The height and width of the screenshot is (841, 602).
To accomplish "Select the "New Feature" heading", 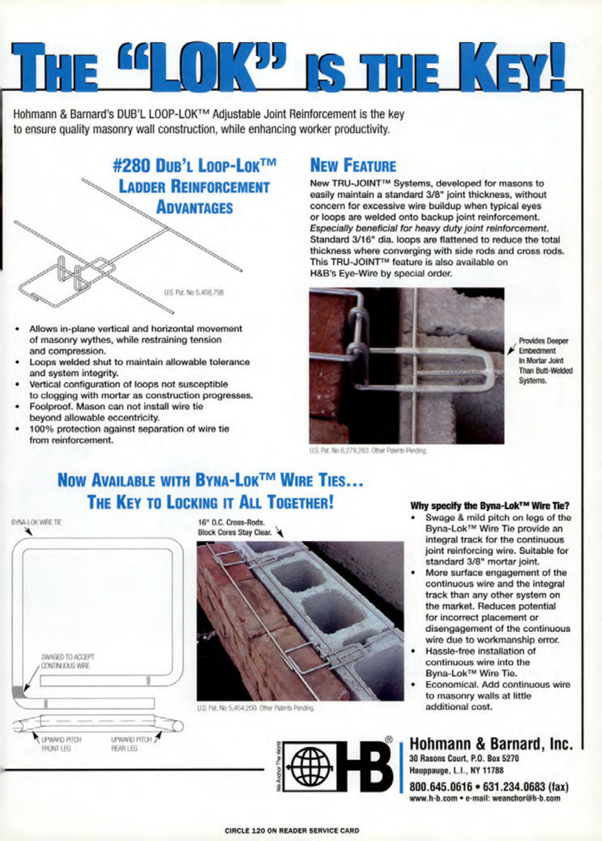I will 352,166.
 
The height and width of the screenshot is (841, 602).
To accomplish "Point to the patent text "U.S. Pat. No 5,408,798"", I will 193,293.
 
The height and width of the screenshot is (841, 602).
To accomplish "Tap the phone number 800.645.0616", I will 441,786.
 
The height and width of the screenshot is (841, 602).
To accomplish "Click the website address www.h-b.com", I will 433,798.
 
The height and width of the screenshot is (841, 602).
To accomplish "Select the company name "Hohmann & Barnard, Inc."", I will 491,744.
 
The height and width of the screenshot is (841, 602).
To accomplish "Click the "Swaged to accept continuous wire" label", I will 67,661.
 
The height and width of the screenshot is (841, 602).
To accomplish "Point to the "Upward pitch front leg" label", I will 61,744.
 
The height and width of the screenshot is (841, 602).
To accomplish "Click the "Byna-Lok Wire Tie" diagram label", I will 37,522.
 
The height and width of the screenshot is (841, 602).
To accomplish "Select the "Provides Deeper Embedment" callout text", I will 543,346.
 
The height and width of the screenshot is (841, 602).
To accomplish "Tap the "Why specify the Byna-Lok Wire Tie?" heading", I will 490,505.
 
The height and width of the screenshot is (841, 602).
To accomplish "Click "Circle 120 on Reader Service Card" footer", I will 292,830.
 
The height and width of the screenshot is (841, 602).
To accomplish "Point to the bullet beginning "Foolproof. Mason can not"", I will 116,412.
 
